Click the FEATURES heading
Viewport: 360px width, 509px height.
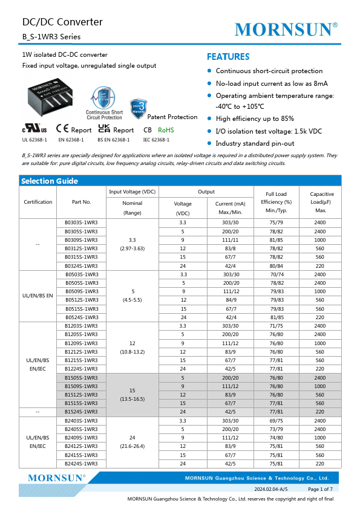pos(228,57)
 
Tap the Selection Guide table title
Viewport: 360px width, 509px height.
pos(50,181)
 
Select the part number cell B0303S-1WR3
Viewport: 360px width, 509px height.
pos(81,222)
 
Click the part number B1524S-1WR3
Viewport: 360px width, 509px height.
pos(81,412)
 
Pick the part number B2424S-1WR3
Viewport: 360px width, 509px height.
pos(81,464)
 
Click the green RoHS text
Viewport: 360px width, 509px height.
pos(166,130)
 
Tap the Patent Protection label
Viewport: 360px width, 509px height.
pos(172,117)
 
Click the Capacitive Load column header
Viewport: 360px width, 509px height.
pos(321,202)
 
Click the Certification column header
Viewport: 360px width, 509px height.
pos(38,202)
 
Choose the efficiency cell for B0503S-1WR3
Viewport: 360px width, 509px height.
pos(276,274)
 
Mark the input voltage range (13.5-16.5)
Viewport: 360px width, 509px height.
pos(133,399)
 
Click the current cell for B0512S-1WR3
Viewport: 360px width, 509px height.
pos(230,300)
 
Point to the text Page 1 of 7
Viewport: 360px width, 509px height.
pos(320,488)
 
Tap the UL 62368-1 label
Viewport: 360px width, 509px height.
pos(34,140)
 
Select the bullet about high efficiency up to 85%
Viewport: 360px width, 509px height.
pos(255,119)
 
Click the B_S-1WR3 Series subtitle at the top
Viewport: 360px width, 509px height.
pos(51,37)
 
